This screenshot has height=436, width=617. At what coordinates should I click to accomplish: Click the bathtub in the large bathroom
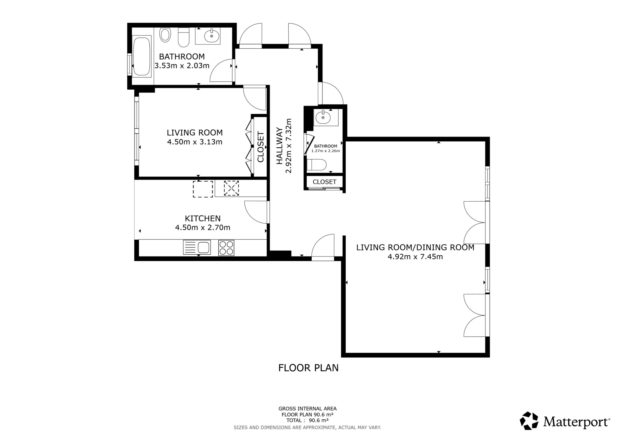click(x=142, y=56)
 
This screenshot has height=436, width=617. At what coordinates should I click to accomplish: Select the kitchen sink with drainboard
click(x=197, y=247)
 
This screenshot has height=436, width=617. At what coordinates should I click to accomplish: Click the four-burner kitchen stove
click(x=226, y=247)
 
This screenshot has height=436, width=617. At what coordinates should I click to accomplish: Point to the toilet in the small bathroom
click(x=316, y=165)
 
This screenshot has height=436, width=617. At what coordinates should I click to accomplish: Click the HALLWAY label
click(x=280, y=146)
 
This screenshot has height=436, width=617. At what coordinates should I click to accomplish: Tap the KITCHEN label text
click(x=203, y=218)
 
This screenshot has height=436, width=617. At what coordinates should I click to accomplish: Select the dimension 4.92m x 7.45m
click(x=415, y=257)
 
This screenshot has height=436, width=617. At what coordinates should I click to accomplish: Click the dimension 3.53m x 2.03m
click(x=182, y=66)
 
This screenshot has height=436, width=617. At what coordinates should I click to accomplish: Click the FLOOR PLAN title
click(x=308, y=368)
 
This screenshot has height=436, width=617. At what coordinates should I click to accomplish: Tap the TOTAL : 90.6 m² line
click(x=308, y=420)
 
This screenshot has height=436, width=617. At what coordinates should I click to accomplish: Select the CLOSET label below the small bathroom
click(x=325, y=182)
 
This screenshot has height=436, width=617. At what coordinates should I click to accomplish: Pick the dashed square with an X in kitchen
click(x=231, y=188)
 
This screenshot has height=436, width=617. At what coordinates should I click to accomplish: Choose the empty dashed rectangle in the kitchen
click(x=203, y=189)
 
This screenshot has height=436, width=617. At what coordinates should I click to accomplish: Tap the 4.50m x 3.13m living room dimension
click(x=195, y=142)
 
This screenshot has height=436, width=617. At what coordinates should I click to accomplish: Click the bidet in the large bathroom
click(x=165, y=35)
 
